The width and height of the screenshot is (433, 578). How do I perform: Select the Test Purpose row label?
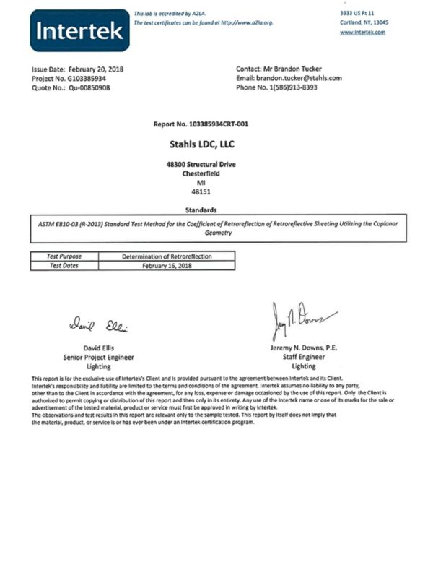pyautogui.click(x=65, y=256)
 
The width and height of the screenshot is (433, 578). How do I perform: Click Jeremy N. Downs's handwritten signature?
pyautogui.click(x=303, y=318)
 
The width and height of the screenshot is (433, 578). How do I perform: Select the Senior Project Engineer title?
pyautogui.click(x=98, y=357)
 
